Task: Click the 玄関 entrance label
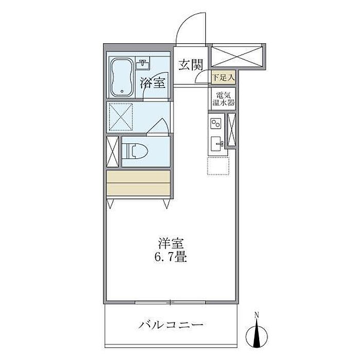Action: coord(191,65)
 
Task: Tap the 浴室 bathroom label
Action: coord(153,83)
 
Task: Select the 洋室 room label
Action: coord(171,244)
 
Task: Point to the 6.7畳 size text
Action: coord(170,257)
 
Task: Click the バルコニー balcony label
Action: coord(171,325)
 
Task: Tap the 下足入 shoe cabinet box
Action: coord(223,77)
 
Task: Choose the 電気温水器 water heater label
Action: coord(223,99)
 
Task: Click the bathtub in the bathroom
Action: coord(122,77)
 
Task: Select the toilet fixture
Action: coord(135,151)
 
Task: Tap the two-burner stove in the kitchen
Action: coord(216,123)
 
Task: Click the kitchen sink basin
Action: coord(217,143)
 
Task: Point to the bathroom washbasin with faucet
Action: coord(143,63)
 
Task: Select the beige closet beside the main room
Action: coord(138,183)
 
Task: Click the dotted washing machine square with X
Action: coord(121,117)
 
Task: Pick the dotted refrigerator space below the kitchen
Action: coord(218,166)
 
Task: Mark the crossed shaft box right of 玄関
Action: coord(237,57)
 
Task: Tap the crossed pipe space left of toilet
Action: coord(113,152)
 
